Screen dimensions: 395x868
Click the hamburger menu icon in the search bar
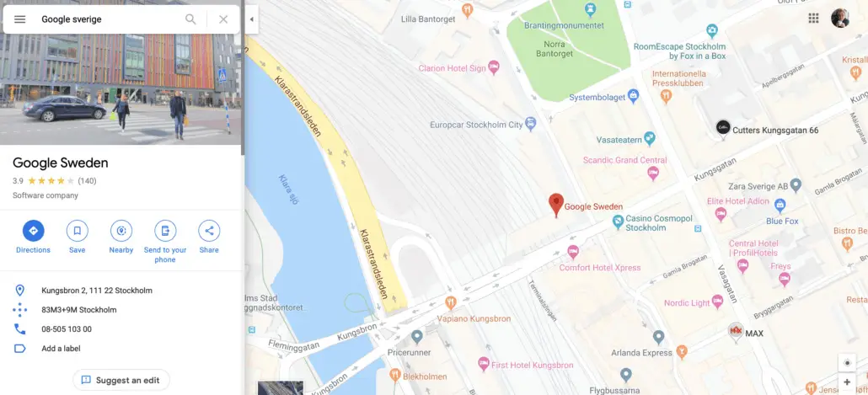tap(20, 19)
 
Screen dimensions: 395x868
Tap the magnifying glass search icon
tap(191, 19)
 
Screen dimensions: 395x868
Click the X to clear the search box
tap(223, 19)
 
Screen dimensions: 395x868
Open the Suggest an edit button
tap(121, 380)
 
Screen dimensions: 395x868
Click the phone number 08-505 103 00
tap(67, 329)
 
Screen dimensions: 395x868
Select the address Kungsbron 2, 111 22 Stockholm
tap(97, 291)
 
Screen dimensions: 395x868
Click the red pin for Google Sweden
tap(555, 204)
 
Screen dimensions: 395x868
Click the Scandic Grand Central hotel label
tap(625, 160)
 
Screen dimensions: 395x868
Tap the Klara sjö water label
tap(288, 189)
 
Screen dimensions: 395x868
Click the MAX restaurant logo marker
tap(737, 331)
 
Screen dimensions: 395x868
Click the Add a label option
tap(61, 349)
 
